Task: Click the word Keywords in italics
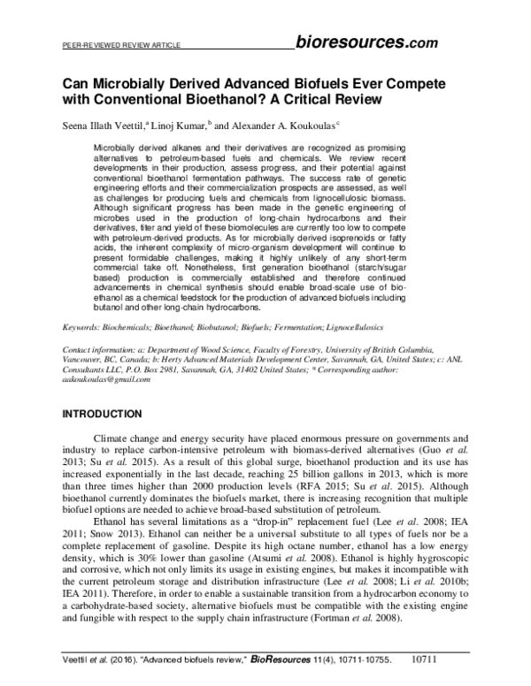point(77,328)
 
